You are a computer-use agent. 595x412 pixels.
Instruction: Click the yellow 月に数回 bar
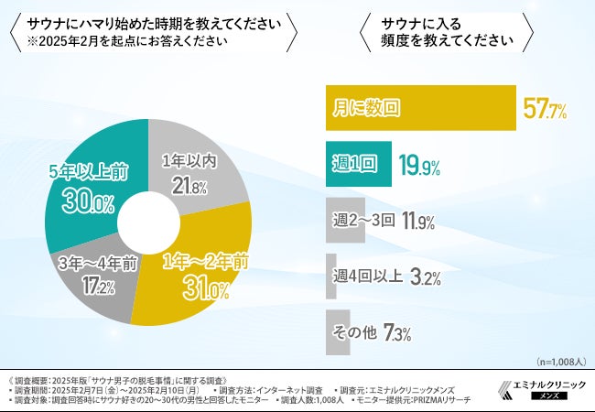[x=421, y=109]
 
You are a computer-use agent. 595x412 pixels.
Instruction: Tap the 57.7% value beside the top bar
[x=546, y=110]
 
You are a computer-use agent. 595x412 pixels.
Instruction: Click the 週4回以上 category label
[x=366, y=276]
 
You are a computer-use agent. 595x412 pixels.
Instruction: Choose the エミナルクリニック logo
[x=539, y=389]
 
